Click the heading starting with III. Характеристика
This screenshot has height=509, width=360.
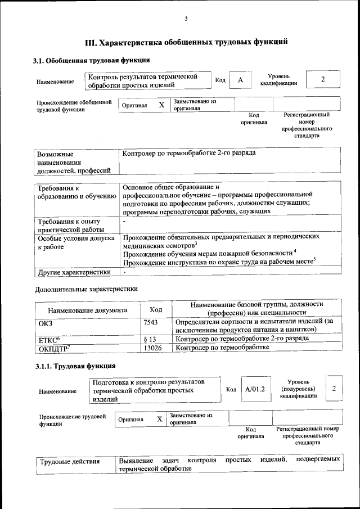pos(186,42)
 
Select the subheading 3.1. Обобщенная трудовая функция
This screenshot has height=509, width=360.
pos(91,60)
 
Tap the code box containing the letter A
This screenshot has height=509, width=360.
pos(240,80)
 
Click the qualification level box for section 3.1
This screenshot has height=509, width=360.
pos(322,79)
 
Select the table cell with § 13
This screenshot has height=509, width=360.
pos(149,339)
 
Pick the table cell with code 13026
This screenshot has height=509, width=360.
pos(152,348)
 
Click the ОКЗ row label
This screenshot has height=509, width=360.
pos(44,323)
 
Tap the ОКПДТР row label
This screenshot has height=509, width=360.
pos(53,349)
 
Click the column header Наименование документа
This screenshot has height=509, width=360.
pos(87,310)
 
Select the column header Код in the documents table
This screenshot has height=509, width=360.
pos(156,310)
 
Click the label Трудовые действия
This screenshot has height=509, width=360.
pos(70,462)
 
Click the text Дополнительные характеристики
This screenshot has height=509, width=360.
pos(86,289)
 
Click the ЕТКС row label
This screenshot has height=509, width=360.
pos(49,340)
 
